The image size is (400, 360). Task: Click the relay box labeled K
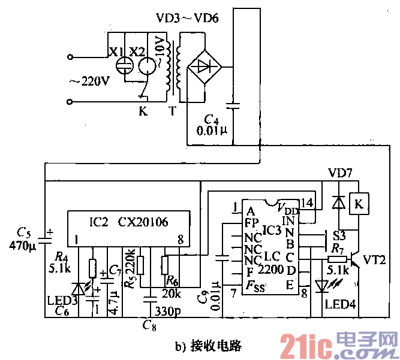[359, 204]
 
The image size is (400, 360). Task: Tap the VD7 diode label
[341, 174]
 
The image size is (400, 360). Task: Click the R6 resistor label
[172, 280]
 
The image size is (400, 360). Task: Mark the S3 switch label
[339, 233]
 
